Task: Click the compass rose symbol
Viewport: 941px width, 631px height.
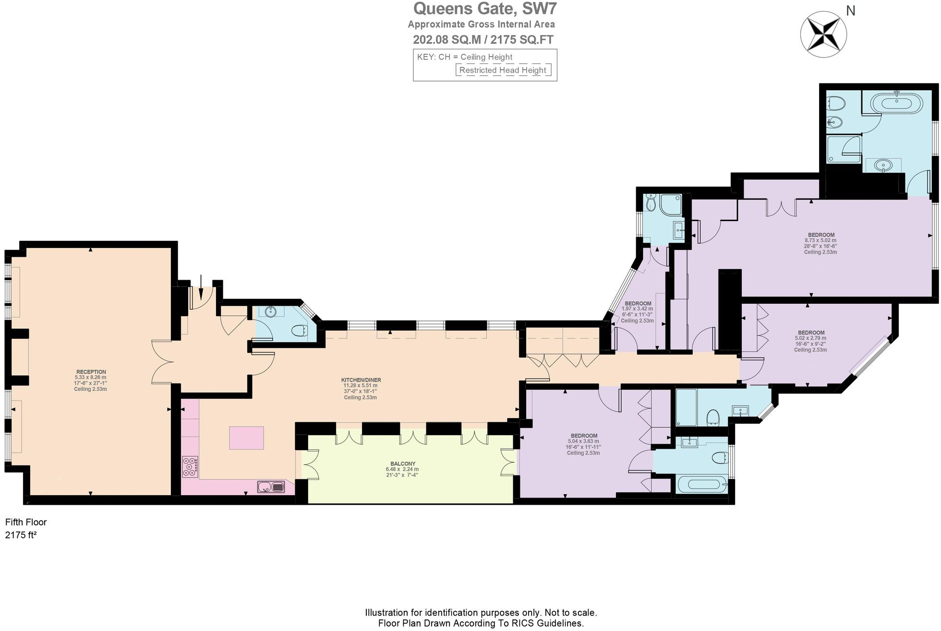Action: (823, 35)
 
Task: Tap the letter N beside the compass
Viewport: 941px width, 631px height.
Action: (851, 11)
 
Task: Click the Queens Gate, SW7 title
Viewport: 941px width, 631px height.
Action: (485, 9)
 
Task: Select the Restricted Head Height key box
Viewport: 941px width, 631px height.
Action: (503, 70)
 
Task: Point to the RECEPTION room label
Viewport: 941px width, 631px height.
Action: (91, 372)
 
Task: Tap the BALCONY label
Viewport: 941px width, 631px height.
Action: (402, 464)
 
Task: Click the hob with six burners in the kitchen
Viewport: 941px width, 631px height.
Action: (190, 466)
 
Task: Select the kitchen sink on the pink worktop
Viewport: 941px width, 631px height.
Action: (271, 487)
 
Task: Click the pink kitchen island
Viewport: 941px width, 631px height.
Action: (246, 438)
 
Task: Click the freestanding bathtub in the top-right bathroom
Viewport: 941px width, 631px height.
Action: (896, 102)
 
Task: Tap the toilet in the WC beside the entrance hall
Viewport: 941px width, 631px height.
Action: (299, 331)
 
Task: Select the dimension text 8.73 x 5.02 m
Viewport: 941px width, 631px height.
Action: (820, 240)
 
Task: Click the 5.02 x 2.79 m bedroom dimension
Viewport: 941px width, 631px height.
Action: (810, 338)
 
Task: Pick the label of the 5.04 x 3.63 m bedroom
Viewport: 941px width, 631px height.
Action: (584, 436)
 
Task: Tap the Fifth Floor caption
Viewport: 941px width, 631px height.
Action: (26, 522)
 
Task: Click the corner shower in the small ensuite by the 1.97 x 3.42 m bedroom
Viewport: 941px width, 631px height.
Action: (670, 204)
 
